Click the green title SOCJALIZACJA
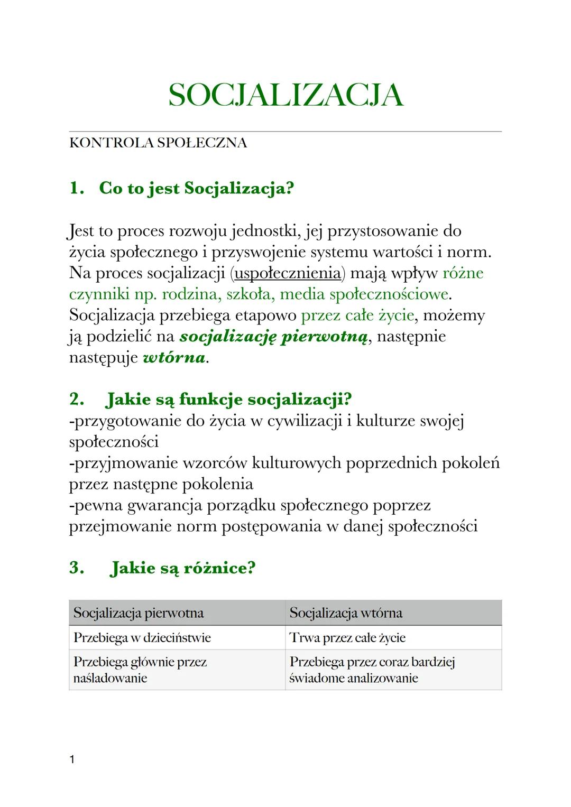point(285,96)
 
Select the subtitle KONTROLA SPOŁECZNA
point(158,143)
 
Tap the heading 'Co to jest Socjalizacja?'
point(196,188)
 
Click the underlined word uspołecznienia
point(288,273)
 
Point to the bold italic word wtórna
point(174,358)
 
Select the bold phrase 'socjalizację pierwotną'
point(273,337)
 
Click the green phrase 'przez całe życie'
point(357,316)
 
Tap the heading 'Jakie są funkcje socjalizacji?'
point(228,399)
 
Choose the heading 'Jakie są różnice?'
point(182,568)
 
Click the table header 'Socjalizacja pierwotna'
point(139,613)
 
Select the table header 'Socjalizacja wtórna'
point(346,613)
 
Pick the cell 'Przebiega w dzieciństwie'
point(142,638)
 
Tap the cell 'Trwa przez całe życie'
point(347,638)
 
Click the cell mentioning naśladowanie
point(140,670)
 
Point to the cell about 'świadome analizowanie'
point(372,670)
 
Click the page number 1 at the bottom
point(72,760)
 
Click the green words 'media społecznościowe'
point(364,294)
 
